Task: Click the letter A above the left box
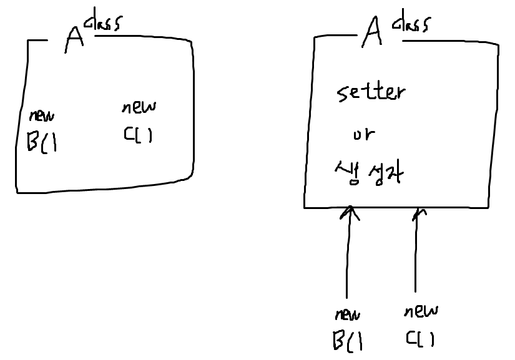tap(74, 39)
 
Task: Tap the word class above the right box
tap(410, 25)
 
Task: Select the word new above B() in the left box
tap(41, 115)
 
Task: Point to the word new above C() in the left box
tap(139, 107)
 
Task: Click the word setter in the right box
tap(371, 94)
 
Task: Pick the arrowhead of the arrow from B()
tap(350, 213)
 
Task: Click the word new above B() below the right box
tap(347, 314)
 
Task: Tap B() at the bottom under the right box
tap(348, 341)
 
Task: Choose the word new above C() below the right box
tap(420, 311)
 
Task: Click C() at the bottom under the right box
tap(419, 339)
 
